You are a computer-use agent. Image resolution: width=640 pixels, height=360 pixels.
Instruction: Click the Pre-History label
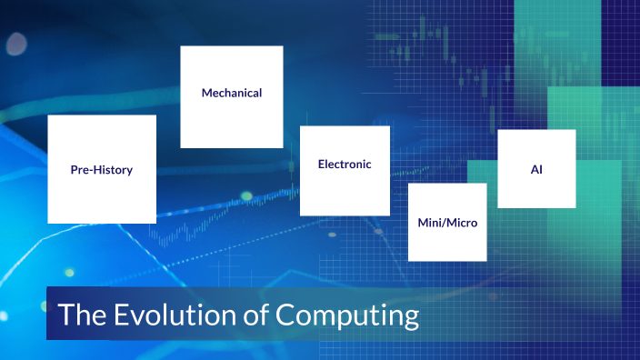102,170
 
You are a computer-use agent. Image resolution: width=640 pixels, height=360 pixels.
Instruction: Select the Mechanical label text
232,93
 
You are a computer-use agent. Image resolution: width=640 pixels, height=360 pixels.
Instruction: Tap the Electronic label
345,165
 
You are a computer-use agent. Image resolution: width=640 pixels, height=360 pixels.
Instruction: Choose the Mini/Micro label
447,222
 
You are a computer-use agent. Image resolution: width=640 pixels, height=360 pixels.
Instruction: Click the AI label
536,169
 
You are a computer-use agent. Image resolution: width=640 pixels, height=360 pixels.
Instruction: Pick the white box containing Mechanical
232,123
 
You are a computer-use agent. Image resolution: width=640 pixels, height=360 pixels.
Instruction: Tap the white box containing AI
536,191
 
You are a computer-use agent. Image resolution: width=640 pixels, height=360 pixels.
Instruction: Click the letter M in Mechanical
206,93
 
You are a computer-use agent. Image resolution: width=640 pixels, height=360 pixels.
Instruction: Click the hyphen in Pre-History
90,170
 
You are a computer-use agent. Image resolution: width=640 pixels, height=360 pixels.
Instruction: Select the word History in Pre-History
113,170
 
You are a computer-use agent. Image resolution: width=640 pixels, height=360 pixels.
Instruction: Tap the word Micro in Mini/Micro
461,222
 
